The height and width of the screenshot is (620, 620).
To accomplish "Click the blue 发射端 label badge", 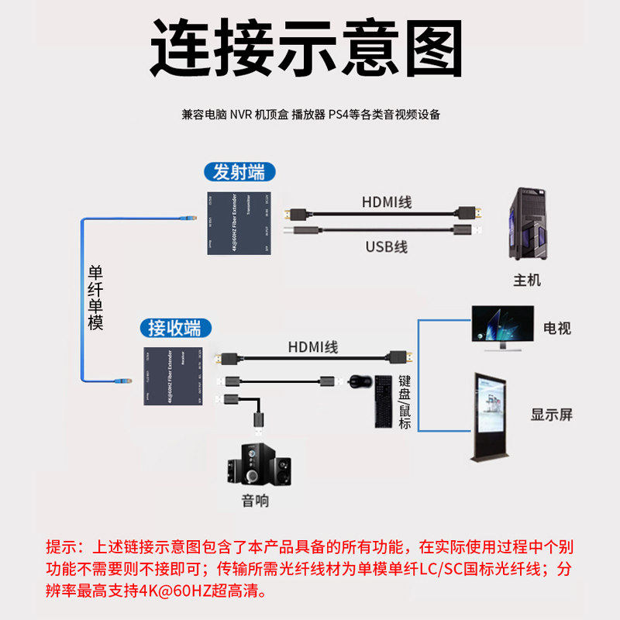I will tap(233, 172).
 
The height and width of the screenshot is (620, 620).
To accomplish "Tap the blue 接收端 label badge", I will tap(174, 328).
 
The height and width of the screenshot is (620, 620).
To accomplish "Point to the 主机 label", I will tap(527, 280).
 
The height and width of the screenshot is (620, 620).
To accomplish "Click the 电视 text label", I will tap(556, 329).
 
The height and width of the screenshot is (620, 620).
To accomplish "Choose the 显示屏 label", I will tap(551, 414).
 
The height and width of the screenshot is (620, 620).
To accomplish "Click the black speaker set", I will tap(260, 463).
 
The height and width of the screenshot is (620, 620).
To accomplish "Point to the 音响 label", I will tap(256, 501).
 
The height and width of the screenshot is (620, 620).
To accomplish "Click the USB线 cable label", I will tap(386, 247).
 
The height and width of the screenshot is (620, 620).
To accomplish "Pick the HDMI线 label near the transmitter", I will tap(386, 202).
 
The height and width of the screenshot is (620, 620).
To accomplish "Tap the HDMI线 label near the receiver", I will tap(313, 347).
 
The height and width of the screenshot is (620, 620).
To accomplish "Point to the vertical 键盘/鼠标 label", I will tap(405, 401).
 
